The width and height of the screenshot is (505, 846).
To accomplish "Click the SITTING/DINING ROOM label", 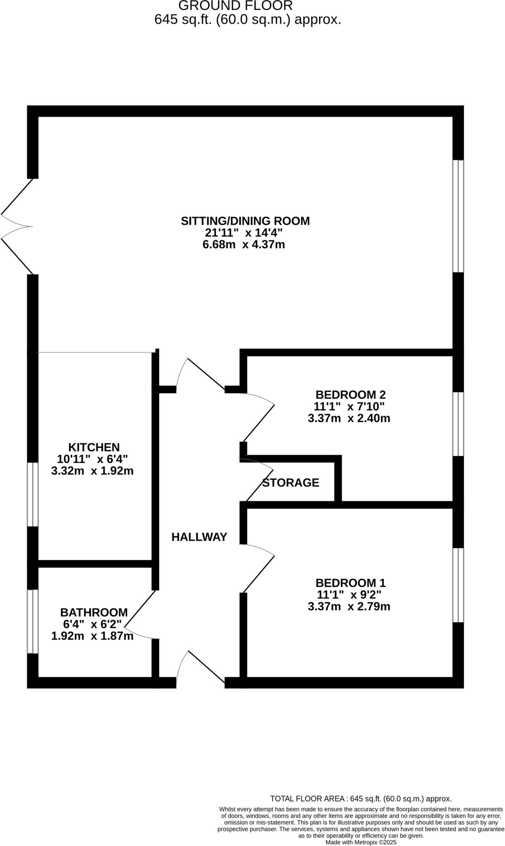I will click(x=245, y=221).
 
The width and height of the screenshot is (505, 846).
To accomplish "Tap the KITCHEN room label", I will click(x=94, y=447).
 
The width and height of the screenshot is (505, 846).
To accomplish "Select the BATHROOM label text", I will click(x=94, y=612).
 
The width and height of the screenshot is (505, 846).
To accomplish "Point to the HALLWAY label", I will click(x=199, y=537).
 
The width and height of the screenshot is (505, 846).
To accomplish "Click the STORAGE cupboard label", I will click(x=291, y=482).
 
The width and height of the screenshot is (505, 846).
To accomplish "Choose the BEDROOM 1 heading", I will click(x=350, y=583).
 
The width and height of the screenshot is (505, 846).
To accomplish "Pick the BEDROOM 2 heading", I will click(x=350, y=394).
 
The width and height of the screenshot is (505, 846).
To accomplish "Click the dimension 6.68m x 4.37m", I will click(x=244, y=245).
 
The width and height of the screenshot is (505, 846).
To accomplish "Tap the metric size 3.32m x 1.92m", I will click(x=92, y=471).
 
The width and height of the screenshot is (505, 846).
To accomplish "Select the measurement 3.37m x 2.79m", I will click(x=349, y=607).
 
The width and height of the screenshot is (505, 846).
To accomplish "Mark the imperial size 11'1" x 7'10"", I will click(x=349, y=406).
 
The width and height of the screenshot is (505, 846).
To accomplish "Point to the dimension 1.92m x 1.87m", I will click(x=92, y=636).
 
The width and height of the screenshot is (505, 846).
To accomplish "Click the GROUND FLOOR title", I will click(x=236, y=6).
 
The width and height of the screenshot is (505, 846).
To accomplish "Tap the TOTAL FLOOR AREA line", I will click(x=361, y=799).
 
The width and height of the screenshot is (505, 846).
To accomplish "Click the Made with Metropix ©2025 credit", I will click(x=361, y=842).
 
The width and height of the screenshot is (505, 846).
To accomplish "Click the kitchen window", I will click(x=33, y=494).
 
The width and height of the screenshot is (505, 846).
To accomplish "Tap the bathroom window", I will click(x=33, y=621).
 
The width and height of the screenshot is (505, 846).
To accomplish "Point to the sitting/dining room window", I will click(x=458, y=216).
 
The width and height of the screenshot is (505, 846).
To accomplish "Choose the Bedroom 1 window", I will click(x=458, y=585).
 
